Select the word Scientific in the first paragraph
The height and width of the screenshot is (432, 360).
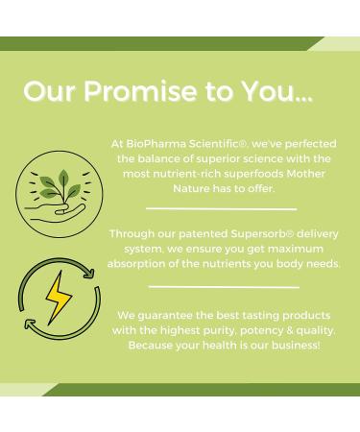228,144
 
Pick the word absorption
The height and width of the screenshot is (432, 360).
136,264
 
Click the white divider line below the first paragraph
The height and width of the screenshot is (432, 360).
221,208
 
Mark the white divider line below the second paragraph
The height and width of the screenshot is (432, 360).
224,286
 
